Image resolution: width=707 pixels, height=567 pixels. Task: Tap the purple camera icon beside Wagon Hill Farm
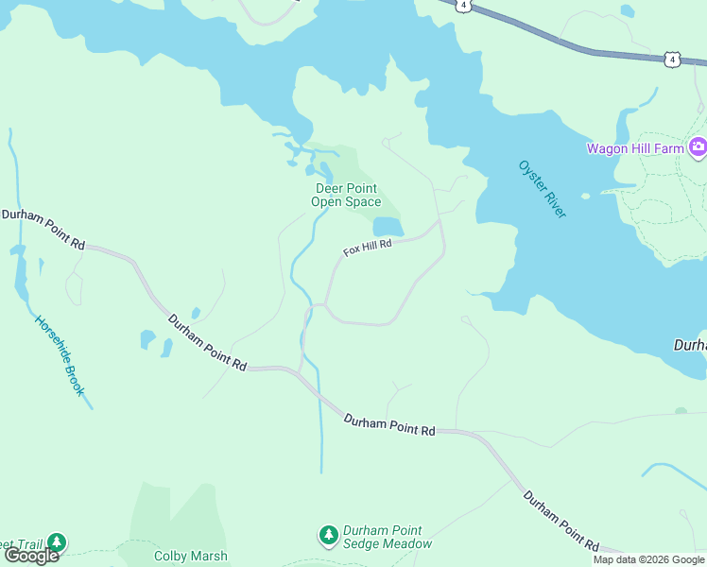(x=698, y=146)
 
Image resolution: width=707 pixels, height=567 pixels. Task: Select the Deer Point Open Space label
(x=348, y=195)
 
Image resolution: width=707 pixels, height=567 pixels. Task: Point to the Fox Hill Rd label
(x=367, y=248)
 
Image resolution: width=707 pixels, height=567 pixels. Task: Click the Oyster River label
(x=543, y=189)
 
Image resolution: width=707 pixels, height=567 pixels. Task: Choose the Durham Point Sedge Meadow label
(x=387, y=537)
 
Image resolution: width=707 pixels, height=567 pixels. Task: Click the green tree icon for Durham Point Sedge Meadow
(x=328, y=536)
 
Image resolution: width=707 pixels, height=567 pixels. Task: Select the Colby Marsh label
(x=190, y=556)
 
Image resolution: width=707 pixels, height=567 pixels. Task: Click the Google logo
(x=31, y=556)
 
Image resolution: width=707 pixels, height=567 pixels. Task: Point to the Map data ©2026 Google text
(x=648, y=559)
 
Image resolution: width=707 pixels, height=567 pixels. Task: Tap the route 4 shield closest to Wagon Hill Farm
(x=671, y=60)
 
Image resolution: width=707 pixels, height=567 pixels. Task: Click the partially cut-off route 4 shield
(x=462, y=5)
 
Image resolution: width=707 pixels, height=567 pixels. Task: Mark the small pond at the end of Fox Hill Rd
(x=388, y=227)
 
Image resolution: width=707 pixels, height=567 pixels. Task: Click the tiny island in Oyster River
(x=585, y=196)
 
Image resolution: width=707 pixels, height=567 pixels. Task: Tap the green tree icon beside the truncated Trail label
(x=58, y=542)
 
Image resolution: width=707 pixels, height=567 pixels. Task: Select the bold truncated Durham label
(x=689, y=346)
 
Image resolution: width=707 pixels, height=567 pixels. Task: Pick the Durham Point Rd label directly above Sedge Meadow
(x=388, y=424)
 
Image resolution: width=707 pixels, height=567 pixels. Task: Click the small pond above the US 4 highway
(x=628, y=11)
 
